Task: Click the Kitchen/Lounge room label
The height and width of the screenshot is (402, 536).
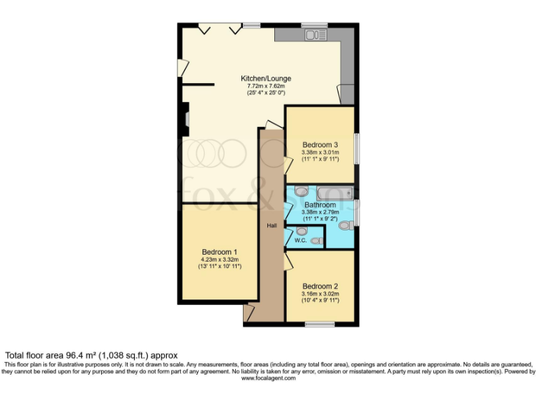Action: pyautogui.click(x=266, y=78)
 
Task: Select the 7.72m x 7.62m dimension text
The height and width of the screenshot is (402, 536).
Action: pyautogui.click(x=266, y=86)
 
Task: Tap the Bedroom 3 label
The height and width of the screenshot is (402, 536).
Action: pyautogui.click(x=320, y=144)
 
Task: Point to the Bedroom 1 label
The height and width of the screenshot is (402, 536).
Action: pyautogui.click(x=220, y=252)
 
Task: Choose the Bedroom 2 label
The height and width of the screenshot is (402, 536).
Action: pyautogui.click(x=320, y=286)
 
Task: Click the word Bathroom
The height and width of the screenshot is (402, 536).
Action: pyautogui.click(x=320, y=205)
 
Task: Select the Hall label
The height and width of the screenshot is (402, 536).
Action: pyautogui.click(x=272, y=225)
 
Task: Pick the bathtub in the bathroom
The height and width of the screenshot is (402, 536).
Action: pyautogui.click(x=332, y=192)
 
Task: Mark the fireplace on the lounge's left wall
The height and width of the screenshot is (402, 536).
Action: pyautogui.click(x=186, y=120)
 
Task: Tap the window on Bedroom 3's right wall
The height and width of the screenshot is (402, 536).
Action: pyautogui.click(x=357, y=149)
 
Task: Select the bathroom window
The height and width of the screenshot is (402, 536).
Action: pyautogui.click(x=357, y=213)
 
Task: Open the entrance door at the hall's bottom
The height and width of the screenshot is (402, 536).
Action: pyautogui.click(x=248, y=313)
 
